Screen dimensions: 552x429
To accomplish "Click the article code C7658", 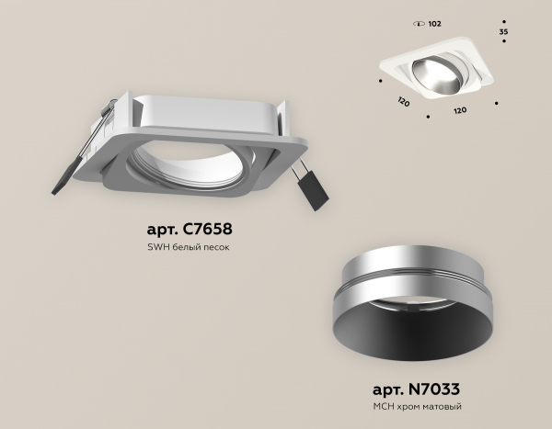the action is pyautogui.click(x=208, y=229).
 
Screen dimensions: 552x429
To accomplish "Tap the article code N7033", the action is pyautogui.click(x=434, y=389).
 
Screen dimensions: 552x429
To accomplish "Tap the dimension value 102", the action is pyautogui.click(x=435, y=24).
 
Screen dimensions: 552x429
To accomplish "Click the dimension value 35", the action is pyautogui.click(x=504, y=31).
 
